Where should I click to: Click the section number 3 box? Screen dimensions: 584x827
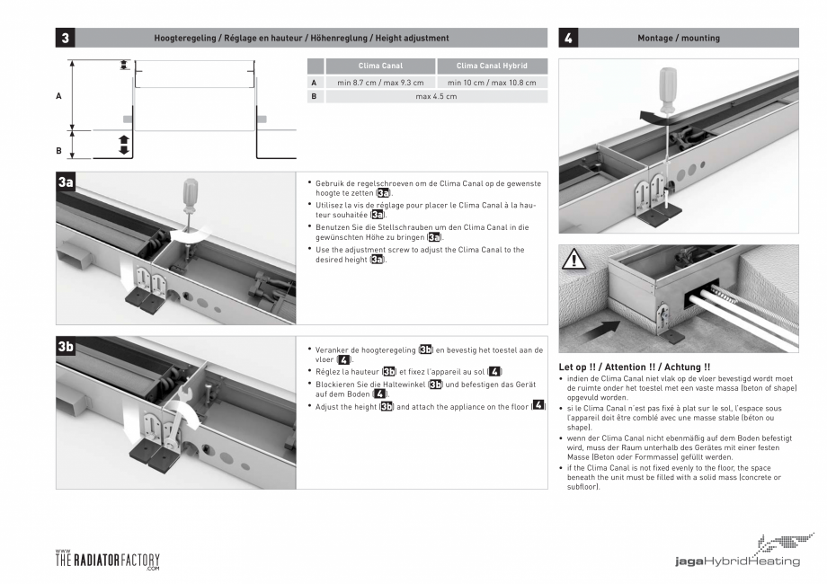click(66, 38)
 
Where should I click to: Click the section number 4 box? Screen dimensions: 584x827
click(568, 38)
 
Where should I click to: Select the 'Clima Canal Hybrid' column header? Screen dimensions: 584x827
click(492, 66)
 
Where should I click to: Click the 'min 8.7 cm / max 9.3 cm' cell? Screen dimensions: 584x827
click(380, 83)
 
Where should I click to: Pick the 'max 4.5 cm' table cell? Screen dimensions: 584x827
click(436, 96)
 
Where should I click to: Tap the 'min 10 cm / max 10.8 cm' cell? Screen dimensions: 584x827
click(492, 83)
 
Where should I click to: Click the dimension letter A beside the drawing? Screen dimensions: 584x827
click(59, 95)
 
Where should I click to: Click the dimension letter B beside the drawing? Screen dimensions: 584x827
click(59, 151)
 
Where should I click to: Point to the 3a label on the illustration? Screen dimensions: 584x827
click(67, 182)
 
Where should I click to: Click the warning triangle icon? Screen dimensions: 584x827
click(574, 261)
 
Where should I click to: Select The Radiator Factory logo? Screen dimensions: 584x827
click(107, 560)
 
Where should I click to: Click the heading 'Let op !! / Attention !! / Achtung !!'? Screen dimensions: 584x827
click(635, 367)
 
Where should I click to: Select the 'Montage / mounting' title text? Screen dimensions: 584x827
click(678, 38)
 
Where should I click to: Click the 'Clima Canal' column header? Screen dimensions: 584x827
click(380, 66)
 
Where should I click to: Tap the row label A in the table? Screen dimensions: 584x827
click(315, 83)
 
